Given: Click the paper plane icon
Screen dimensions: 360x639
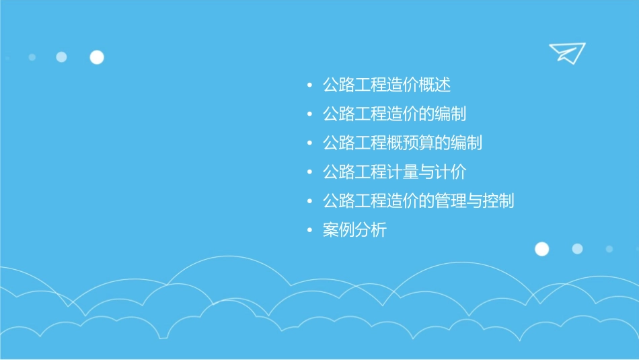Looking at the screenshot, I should tap(566, 52).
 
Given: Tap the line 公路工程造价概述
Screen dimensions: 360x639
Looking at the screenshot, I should tap(386, 85).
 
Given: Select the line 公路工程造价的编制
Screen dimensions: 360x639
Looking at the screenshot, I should tap(394, 114).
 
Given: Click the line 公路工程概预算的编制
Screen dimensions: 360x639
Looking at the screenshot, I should tap(402, 143).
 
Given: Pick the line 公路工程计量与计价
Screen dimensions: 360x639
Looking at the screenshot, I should tap(394, 172).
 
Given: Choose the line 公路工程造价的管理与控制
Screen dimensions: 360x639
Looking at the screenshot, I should tap(418, 201).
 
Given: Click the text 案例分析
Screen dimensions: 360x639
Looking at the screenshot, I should tap(354, 230).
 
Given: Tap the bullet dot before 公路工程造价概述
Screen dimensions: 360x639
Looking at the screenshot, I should tap(309, 86).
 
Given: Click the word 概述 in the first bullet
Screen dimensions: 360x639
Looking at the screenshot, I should tap(435, 85).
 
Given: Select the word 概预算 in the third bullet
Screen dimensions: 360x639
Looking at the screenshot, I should tap(410, 143).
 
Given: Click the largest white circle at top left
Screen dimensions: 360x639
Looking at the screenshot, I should tap(97, 57).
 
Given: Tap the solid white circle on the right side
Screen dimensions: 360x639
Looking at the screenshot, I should tap(541, 249).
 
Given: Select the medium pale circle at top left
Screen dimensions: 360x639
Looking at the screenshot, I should tap(61, 57).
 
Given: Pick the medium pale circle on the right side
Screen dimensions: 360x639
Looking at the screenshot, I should tap(577, 249).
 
